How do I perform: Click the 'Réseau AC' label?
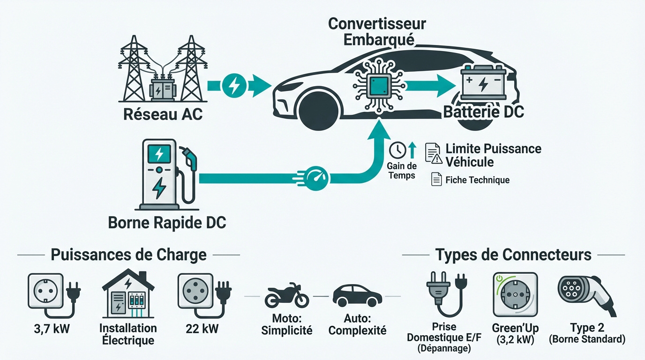(x=163, y=114)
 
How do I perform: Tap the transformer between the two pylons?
(x=162, y=88)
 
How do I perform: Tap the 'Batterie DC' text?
(x=483, y=112)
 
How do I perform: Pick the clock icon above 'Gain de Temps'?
(x=397, y=150)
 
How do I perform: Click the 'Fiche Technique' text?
(x=477, y=180)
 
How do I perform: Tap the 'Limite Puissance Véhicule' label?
(x=493, y=155)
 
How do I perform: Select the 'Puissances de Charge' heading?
(x=128, y=255)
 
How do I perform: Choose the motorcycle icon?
(x=286, y=295)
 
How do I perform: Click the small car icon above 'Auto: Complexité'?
(x=357, y=295)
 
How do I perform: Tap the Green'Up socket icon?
(x=515, y=294)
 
